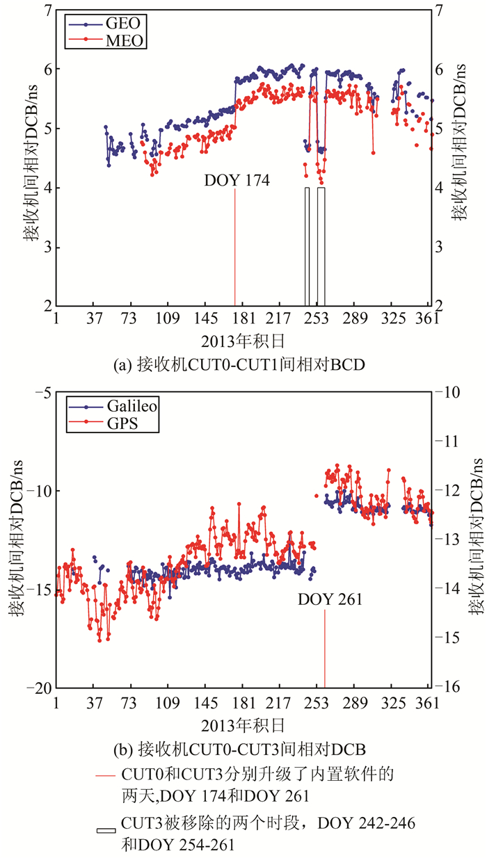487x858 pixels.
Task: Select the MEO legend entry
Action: point(104,41)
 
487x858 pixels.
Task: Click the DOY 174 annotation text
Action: point(237,181)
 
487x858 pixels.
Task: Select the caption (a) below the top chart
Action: point(243,362)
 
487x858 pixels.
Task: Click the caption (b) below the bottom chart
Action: point(239,749)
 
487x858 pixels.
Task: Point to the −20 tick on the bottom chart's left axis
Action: point(38,687)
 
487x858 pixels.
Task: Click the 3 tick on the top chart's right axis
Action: point(440,248)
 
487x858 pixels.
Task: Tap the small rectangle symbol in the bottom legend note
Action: point(106,830)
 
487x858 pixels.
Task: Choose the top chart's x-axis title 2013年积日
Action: point(243,340)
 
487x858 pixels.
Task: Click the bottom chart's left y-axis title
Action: point(15,539)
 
